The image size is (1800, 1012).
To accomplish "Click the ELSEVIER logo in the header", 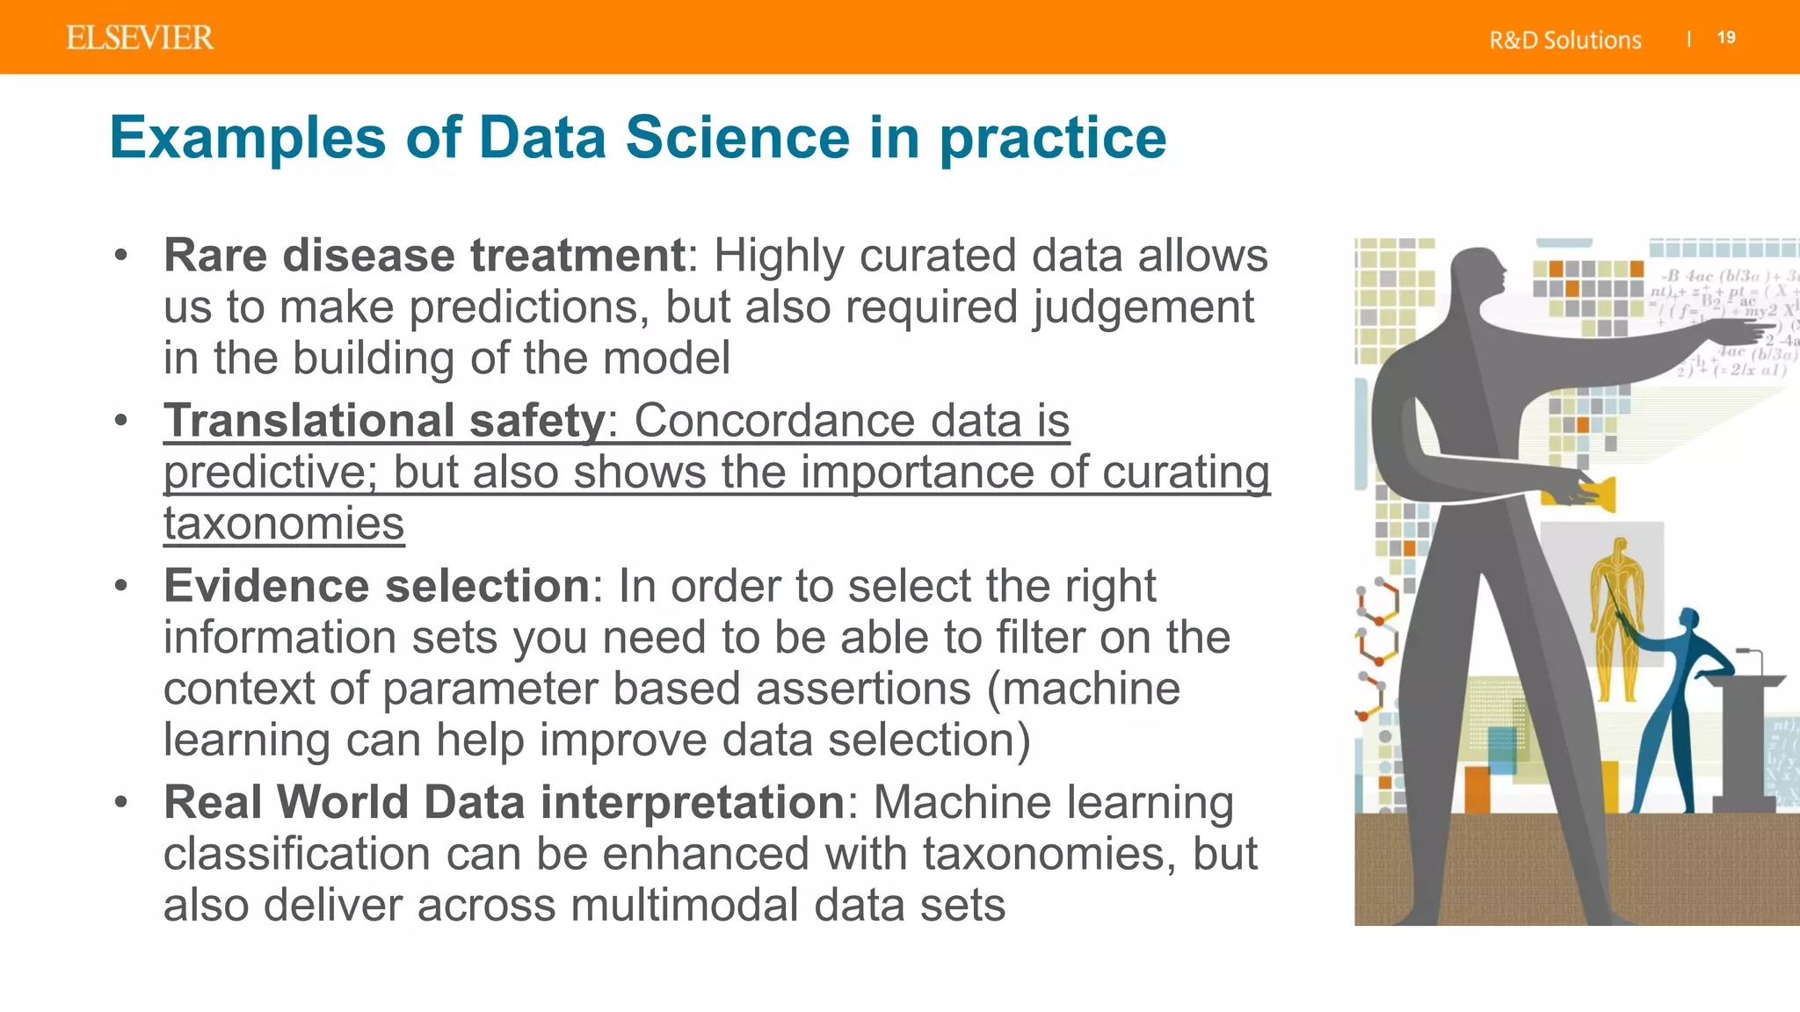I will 139,38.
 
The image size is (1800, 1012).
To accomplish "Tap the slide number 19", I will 1726,38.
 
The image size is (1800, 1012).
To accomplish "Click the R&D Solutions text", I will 1564,40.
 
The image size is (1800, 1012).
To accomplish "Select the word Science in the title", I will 737,138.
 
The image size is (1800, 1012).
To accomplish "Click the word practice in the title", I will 1052,140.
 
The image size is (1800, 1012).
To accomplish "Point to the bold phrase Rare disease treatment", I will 424,256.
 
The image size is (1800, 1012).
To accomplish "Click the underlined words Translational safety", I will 384,420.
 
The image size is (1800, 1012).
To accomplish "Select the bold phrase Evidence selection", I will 376,585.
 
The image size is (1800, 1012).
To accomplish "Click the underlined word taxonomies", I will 284,524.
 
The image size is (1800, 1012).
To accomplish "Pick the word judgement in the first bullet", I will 1143,308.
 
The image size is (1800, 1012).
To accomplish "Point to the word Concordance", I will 774,420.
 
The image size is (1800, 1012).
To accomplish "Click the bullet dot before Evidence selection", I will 121,585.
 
